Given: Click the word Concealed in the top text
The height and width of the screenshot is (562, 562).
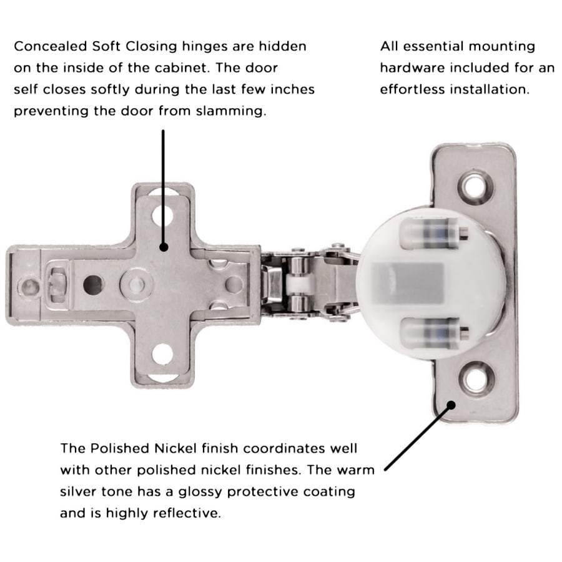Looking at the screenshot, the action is tap(50, 46).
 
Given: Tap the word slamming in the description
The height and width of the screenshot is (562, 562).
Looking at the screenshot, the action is tap(231, 111).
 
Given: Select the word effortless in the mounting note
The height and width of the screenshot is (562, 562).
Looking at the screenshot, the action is tap(412, 89).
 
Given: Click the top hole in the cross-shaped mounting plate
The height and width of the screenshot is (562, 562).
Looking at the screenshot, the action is tap(163, 215).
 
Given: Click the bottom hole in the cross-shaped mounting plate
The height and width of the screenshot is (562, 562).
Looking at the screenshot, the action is tap(163, 354).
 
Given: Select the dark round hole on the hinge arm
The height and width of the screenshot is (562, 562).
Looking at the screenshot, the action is tap(92, 285).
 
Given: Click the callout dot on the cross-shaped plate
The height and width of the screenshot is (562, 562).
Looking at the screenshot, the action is tap(164, 247).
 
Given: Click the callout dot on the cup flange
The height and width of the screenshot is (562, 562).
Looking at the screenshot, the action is tap(451, 405).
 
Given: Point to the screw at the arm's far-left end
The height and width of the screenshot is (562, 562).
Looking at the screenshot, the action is tap(30, 287).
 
